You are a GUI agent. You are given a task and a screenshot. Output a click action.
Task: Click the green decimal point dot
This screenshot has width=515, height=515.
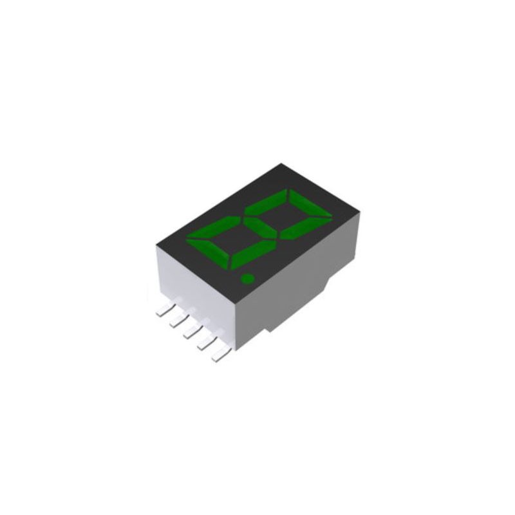tap(246, 279)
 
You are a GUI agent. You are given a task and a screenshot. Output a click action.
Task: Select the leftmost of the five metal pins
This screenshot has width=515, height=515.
tap(162, 312)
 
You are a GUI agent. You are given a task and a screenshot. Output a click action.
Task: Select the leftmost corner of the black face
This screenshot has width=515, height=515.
tap(158, 243)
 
